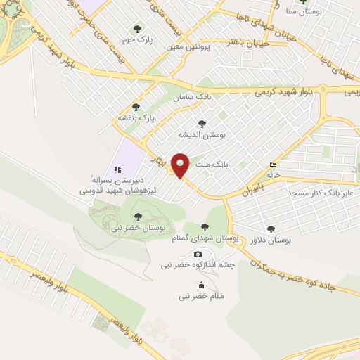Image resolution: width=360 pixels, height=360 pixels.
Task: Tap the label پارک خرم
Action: (x=137, y=39)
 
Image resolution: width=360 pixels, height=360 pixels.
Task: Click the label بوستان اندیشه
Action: (x=202, y=134)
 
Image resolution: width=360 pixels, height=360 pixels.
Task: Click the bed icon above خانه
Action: (x=273, y=165)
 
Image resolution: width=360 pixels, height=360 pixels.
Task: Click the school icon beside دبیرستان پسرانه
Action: (x=117, y=169)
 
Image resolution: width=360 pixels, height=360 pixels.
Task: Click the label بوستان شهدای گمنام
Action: (x=204, y=239)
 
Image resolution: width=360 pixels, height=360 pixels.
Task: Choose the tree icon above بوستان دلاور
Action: (x=271, y=229)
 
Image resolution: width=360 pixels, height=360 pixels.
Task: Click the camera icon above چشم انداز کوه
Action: (x=198, y=254)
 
